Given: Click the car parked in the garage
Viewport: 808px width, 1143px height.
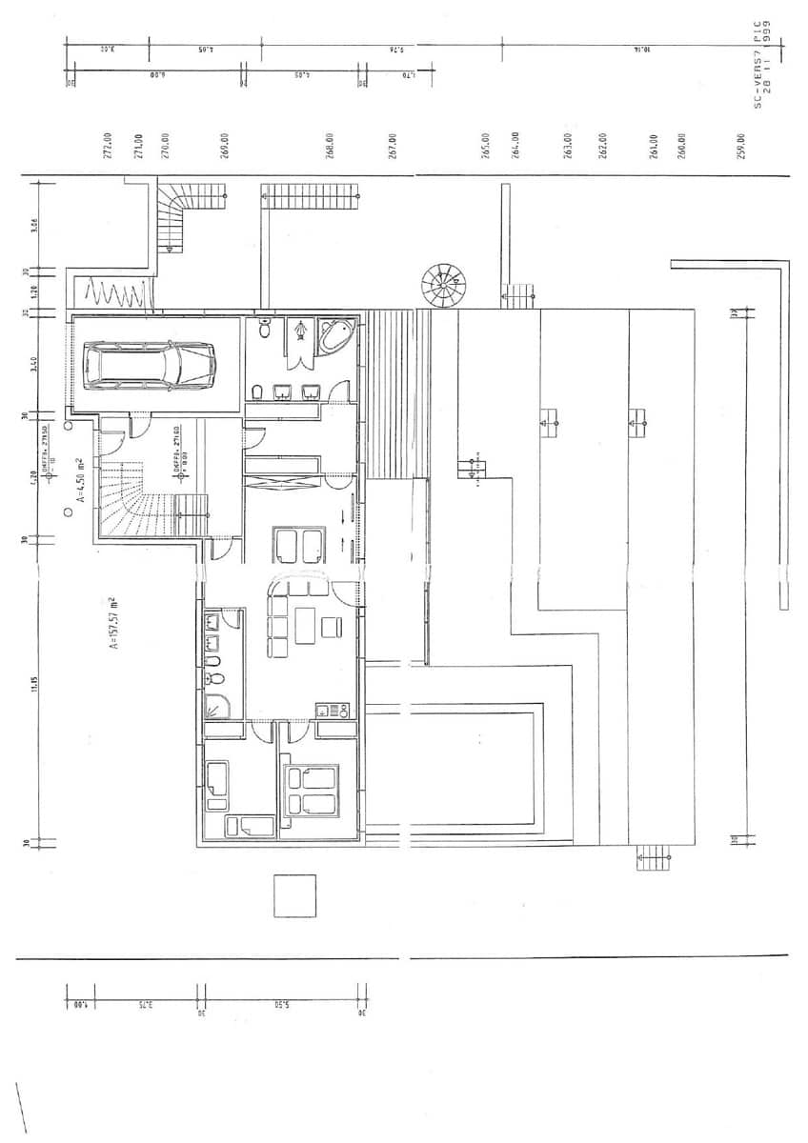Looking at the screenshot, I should pyautogui.click(x=151, y=364).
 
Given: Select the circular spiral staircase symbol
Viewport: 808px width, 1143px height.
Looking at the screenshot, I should pyautogui.click(x=445, y=286).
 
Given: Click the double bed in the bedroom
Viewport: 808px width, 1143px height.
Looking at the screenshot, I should pyautogui.click(x=312, y=791).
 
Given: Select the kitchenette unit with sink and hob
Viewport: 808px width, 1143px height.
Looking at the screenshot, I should pyautogui.click(x=333, y=711).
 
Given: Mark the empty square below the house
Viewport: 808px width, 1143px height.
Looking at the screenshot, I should pyautogui.click(x=294, y=895).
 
